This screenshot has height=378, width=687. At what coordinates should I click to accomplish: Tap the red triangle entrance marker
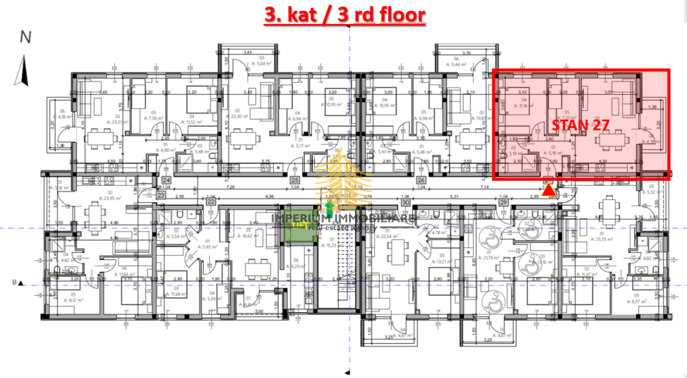[x=548, y=190]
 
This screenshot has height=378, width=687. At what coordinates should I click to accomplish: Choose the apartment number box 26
[x=421, y=180]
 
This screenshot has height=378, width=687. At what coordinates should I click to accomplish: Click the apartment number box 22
[x=211, y=202]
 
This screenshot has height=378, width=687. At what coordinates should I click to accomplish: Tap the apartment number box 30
[x=405, y=202]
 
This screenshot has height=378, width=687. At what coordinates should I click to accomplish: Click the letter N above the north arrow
[x=25, y=37]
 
